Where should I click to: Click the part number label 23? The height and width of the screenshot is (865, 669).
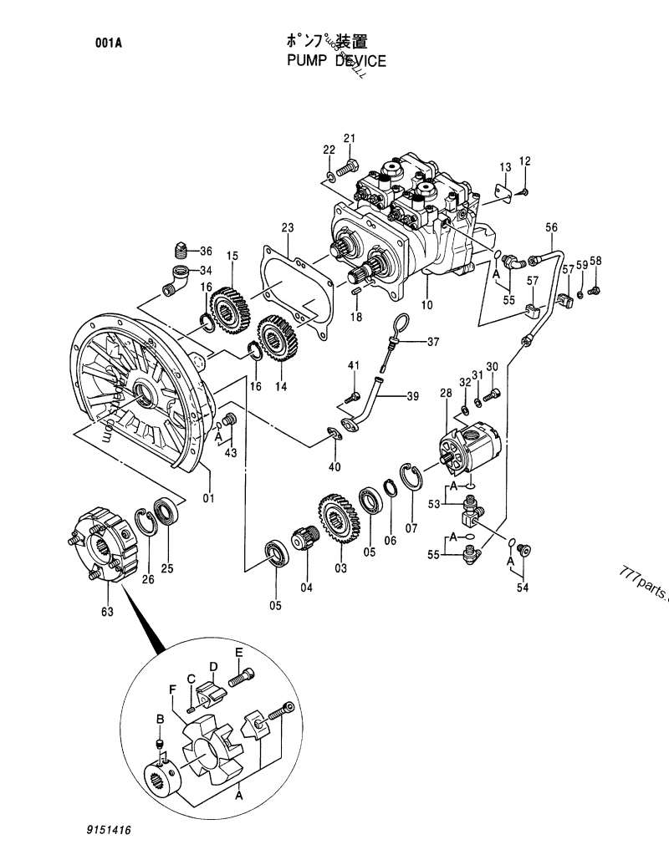coord(287,227)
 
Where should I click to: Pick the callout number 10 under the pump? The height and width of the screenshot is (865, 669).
coord(426,306)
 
